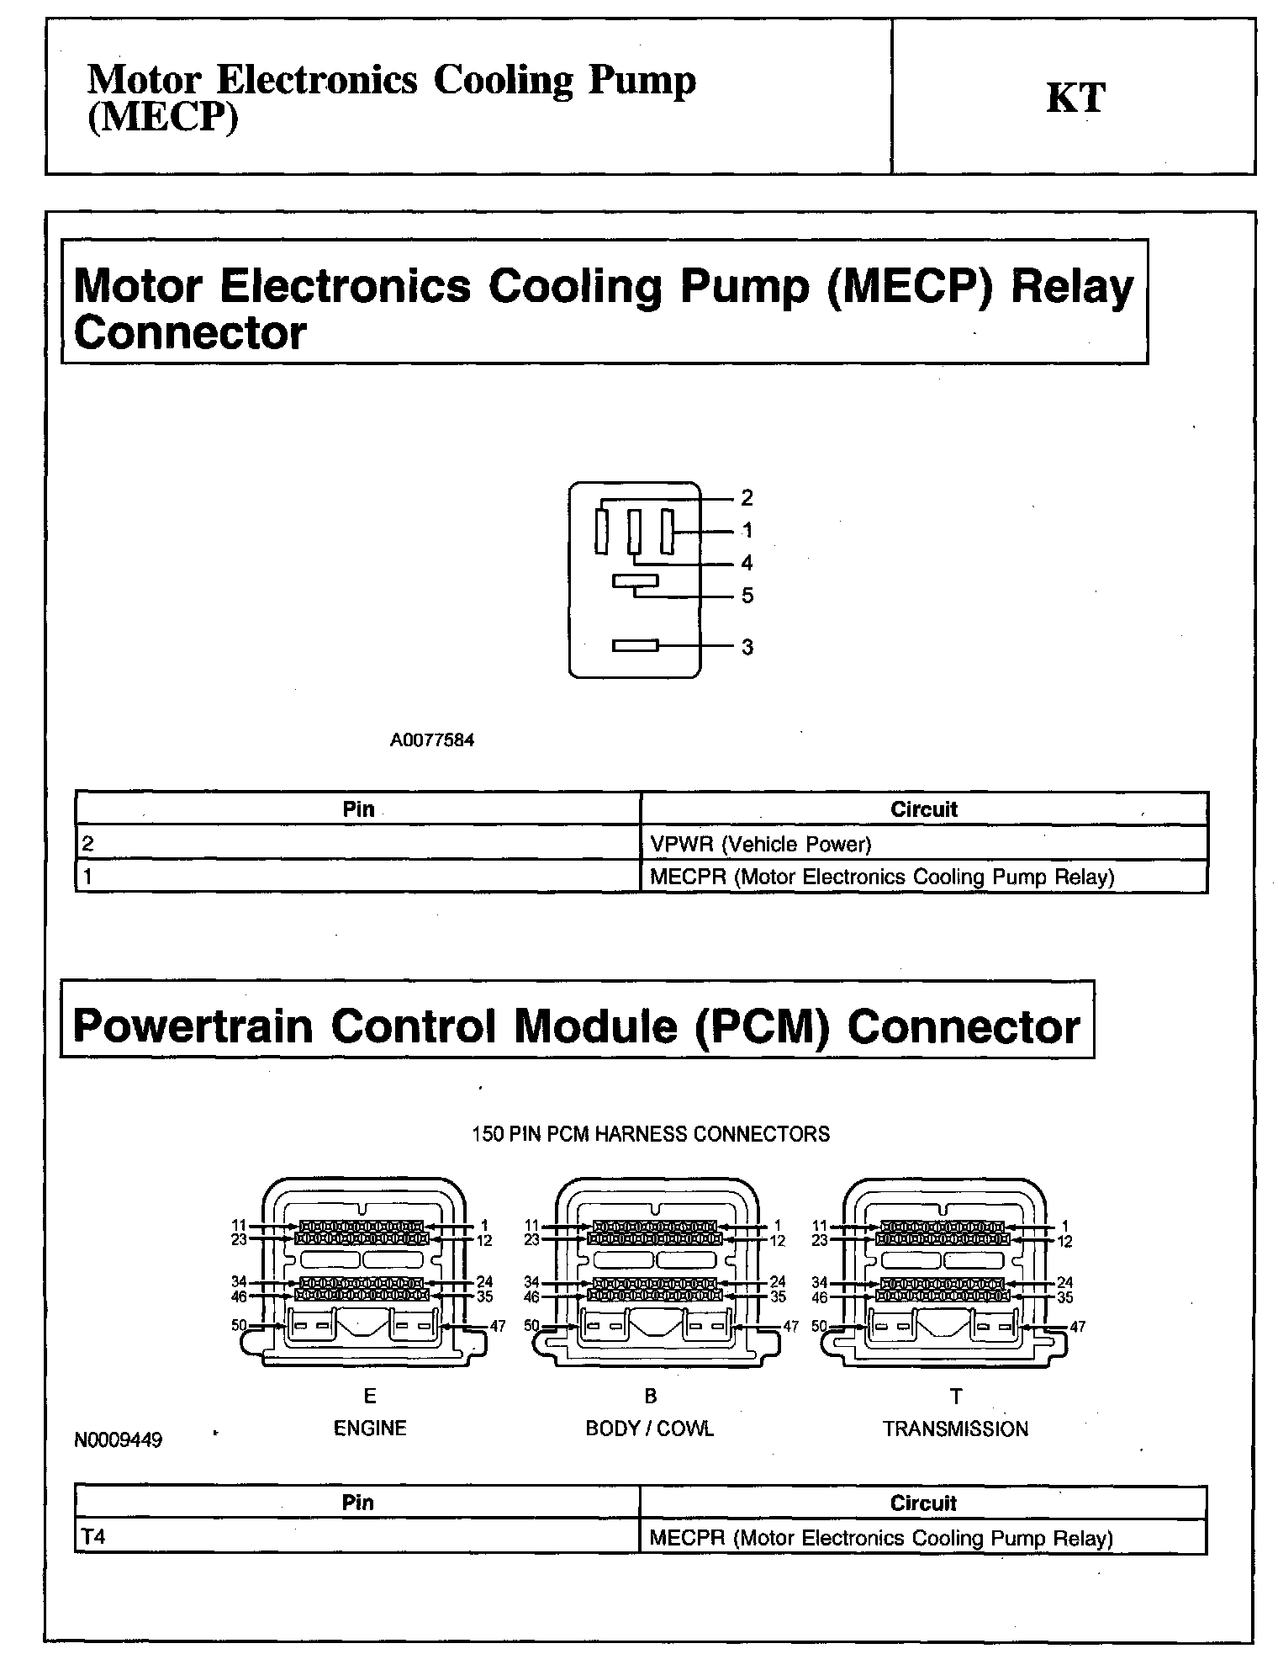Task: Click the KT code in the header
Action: point(1075,98)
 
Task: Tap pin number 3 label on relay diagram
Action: point(747,647)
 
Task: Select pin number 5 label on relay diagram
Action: point(747,596)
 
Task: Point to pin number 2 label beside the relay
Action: point(747,498)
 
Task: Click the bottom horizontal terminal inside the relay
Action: point(635,645)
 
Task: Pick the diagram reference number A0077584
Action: point(431,740)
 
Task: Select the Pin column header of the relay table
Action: point(358,808)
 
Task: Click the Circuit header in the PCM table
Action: point(922,1503)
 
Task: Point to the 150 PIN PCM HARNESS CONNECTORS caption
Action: point(650,1134)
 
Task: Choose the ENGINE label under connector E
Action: point(370,1428)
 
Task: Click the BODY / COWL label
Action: point(649,1429)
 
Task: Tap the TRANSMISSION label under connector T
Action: point(955,1429)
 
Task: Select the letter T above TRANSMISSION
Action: point(956,1397)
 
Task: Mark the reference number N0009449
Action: point(119,1439)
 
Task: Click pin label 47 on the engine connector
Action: point(498,1326)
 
